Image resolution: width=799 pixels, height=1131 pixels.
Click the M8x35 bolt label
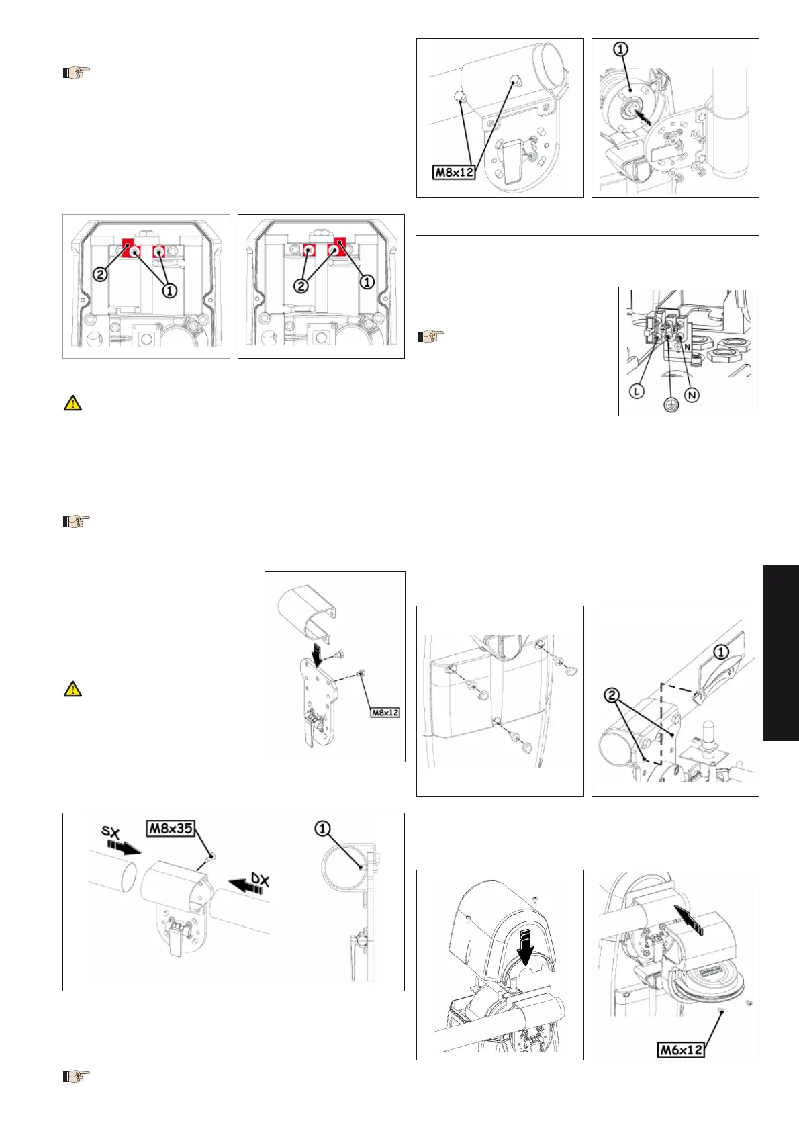(x=171, y=829)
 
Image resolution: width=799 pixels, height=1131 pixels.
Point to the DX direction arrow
(x=245, y=886)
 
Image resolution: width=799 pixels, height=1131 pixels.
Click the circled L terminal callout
(x=637, y=391)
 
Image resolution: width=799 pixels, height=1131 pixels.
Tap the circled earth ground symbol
(x=670, y=404)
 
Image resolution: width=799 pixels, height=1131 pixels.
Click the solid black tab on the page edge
(x=781, y=653)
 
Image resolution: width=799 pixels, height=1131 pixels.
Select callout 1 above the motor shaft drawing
(x=620, y=49)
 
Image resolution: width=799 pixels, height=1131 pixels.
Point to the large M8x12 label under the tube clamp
(x=455, y=172)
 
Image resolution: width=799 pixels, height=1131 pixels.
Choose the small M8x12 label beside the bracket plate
(x=385, y=713)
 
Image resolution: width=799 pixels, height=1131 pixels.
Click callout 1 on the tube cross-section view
(x=322, y=829)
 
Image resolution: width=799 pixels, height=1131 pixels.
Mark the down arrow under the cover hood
(x=526, y=946)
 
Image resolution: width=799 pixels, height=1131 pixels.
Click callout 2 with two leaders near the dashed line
(x=612, y=696)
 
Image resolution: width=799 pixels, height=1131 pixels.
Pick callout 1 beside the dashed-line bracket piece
(x=721, y=652)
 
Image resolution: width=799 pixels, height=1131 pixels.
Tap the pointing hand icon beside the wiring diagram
(x=430, y=335)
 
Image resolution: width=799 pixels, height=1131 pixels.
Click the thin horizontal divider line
(x=587, y=235)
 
